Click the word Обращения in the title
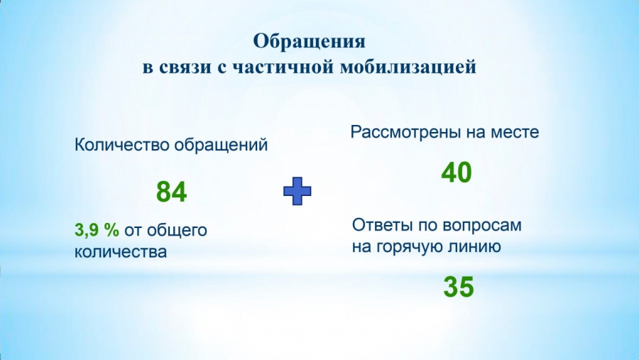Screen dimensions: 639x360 [310, 42]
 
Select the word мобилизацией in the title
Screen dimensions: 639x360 [408, 67]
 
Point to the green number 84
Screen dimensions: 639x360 [172, 192]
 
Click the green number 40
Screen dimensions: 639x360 [457, 173]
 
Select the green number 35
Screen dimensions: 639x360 [459, 287]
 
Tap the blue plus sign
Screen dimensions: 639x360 [297, 191]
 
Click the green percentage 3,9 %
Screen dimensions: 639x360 [97, 230]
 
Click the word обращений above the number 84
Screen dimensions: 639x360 [222, 145]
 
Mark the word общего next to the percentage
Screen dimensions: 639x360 [177, 231]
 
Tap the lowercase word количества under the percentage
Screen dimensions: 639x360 [121, 251]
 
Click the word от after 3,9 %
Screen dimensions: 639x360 [133, 231]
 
